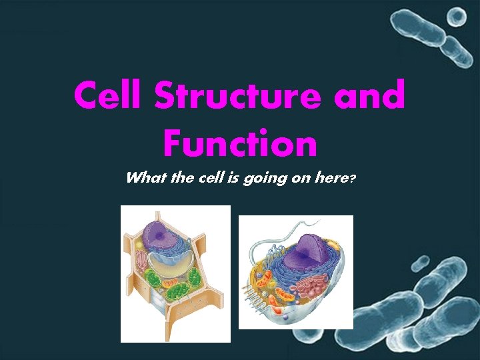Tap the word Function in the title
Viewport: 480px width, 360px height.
239,143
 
